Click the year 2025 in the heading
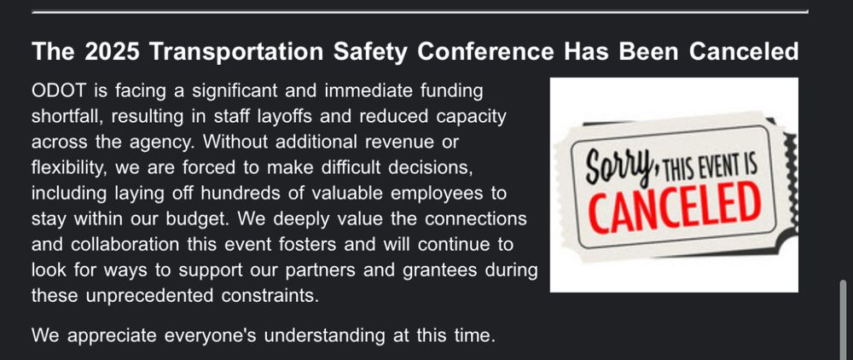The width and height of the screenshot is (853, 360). [113, 52]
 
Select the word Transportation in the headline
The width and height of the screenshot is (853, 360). [236, 52]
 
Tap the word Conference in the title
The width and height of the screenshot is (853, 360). [486, 52]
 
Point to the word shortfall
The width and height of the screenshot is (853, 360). [67, 116]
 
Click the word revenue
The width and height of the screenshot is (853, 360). [398, 142]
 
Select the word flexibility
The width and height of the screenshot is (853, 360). [68, 168]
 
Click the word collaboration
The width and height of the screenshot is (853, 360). [125, 245]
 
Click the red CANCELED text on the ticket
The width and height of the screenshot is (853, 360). [675, 206]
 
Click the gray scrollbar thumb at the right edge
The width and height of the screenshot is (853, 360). [844, 320]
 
